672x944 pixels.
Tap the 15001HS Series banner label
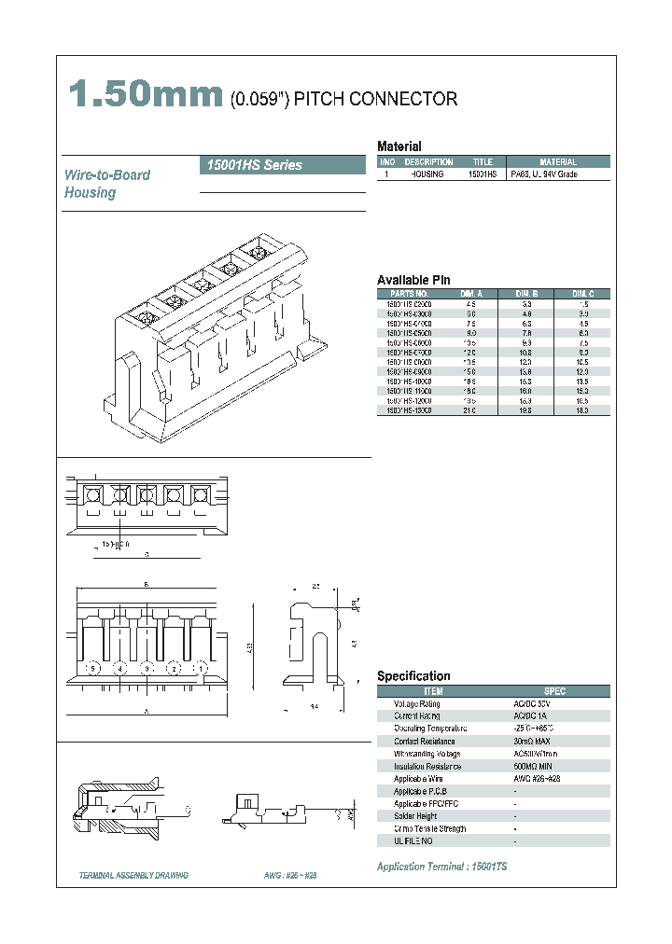click(x=252, y=165)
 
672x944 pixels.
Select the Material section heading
click(x=399, y=146)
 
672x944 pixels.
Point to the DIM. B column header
click(x=525, y=293)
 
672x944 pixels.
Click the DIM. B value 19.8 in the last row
click(x=525, y=410)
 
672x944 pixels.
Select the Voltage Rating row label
click(x=416, y=703)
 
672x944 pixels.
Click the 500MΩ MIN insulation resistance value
click(x=534, y=766)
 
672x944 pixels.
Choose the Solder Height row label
click(x=415, y=816)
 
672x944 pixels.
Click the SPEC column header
click(x=554, y=691)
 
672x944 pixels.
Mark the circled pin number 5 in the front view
click(x=91, y=669)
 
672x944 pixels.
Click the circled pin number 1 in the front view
click(x=200, y=669)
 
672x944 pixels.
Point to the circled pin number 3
click(x=146, y=669)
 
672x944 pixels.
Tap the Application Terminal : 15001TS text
click(x=441, y=867)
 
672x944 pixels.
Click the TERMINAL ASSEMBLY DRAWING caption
click(x=133, y=876)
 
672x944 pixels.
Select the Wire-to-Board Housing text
click(x=106, y=184)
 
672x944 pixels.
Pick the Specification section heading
click(x=413, y=676)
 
